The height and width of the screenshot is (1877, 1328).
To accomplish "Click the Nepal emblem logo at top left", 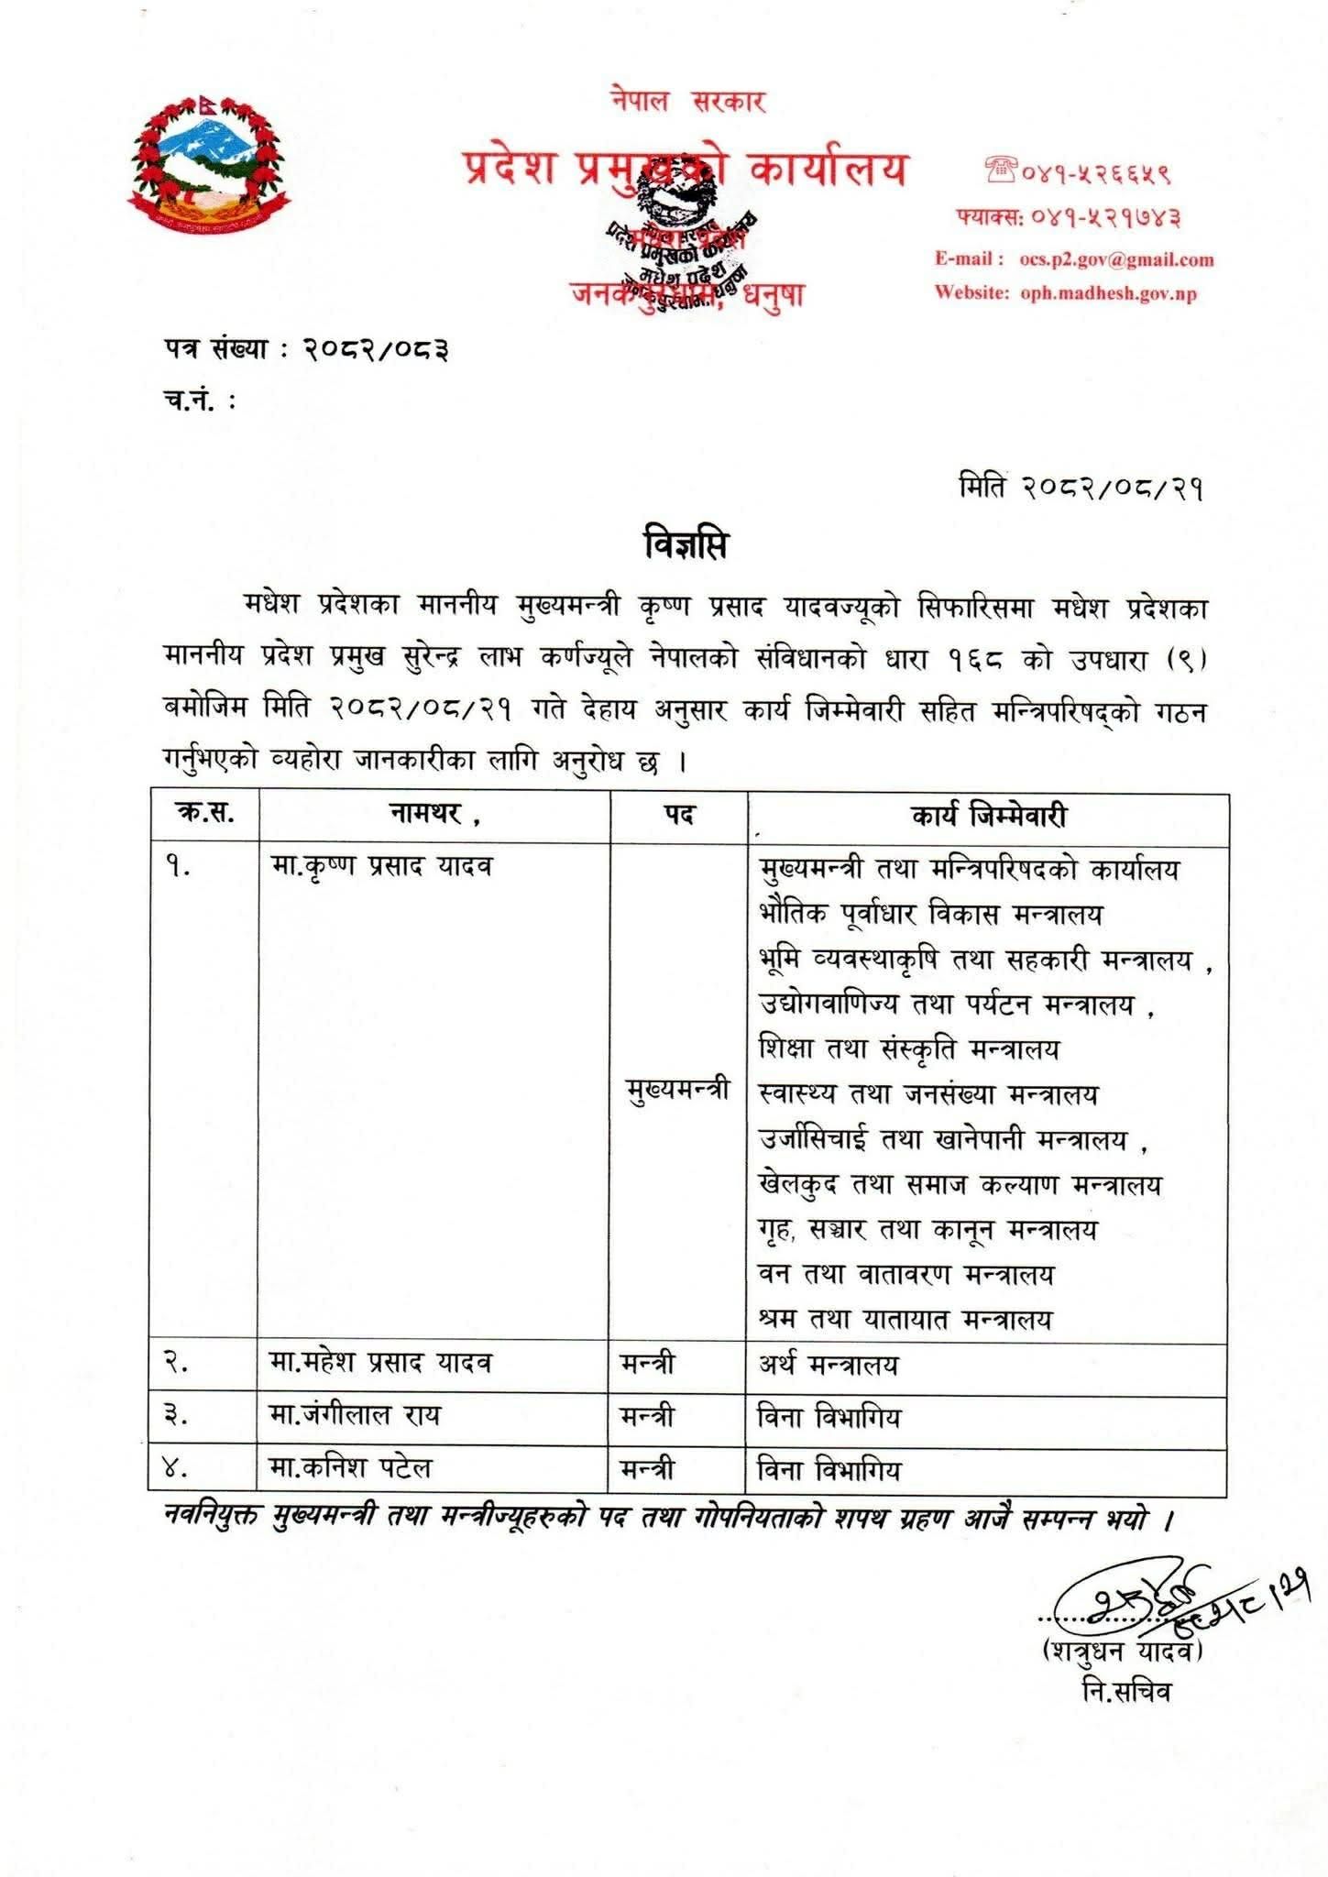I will [x=205, y=168].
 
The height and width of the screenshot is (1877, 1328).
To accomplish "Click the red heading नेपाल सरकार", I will [x=688, y=101].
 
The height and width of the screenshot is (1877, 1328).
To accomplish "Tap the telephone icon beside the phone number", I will [x=997, y=170].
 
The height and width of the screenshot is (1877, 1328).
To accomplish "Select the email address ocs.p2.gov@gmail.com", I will [x=1116, y=259].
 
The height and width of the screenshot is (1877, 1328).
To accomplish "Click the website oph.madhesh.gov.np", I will [x=1108, y=293].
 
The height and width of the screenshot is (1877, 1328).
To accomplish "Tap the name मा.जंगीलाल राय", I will [x=355, y=1416].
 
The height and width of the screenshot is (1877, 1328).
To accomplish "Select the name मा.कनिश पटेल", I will [x=350, y=1468].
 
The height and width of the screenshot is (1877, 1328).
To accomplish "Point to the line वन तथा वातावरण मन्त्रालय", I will [x=906, y=1274].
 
